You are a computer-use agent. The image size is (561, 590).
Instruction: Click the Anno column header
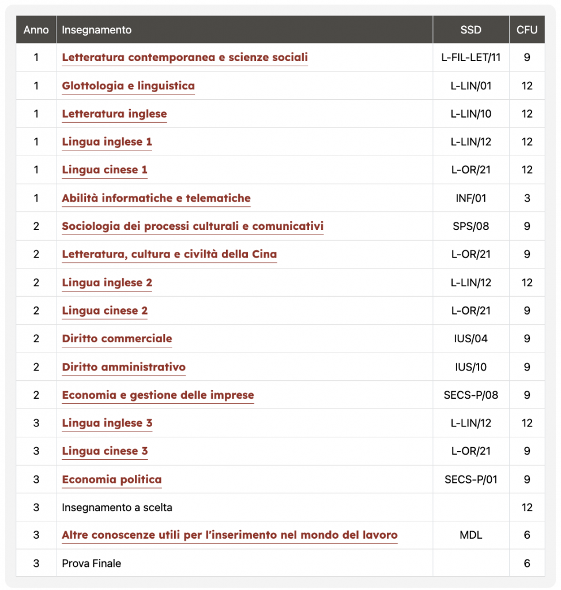pyautogui.click(x=36, y=30)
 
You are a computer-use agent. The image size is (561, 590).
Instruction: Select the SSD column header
pyautogui.click(x=470, y=30)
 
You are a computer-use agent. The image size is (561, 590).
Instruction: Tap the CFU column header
pyautogui.click(x=526, y=30)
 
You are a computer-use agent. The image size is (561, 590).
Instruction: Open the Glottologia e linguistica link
pyautogui.click(x=128, y=86)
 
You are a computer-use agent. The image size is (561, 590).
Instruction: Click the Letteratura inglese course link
pyautogui.click(x=114, y=114)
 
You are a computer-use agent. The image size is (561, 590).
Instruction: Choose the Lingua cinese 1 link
pyautogui.click(x=104, y=170)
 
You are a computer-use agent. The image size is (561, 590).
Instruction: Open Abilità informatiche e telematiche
pyautogui.click(x=156, y=198)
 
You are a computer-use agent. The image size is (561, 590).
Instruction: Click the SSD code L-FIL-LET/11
pyautogui.click(x=470, y=58)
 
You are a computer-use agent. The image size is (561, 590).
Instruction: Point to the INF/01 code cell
pyautogui.click(x=470, y=198)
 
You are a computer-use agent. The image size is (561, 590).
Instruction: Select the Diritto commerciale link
pyautogui.click(x=117, y=339)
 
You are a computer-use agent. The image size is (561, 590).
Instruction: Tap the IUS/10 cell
pyautogui.click(x=470, y=367)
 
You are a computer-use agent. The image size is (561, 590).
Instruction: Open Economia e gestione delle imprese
pyautogui.click(x=158, y=395)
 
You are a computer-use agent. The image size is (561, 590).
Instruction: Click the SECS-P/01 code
pyautogui.click(x=470, y=479)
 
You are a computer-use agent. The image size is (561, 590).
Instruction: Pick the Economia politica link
pyautogui.click(x=112, y=479)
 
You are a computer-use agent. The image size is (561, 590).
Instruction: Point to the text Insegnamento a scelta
pyautogui.click(x=117, y=508)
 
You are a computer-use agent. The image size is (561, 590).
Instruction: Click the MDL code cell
pyautogui.click(x=470, y=535)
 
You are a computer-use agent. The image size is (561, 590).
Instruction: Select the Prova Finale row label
pyautogui.click(x=91, y=563)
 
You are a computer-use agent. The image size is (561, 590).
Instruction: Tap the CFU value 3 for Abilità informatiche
pyautogui.click(x=526, y=198)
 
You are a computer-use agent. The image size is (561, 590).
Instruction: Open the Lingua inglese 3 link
pyautogui.click(x=107, y=423)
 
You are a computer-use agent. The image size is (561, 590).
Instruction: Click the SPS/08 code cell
pyautogui.click(x=470, y=226)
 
